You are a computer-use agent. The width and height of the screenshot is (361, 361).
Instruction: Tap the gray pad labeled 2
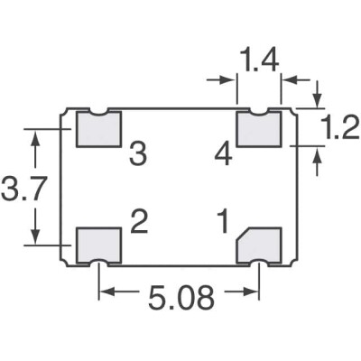point(98,245)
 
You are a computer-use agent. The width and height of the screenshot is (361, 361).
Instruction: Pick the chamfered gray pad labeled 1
point(261,245)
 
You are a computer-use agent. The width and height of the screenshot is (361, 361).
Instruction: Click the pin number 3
point(137,155)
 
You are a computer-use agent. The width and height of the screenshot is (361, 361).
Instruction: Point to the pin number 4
point(223,155)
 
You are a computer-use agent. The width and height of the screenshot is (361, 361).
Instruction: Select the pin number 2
point(138,220)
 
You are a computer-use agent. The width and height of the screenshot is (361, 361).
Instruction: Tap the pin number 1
point(221,220)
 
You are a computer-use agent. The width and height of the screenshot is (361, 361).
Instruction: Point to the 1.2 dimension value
point(337,132)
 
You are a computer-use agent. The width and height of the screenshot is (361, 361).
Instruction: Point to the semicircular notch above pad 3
point(98,111)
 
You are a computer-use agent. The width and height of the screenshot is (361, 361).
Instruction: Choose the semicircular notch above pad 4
point(259,111)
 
